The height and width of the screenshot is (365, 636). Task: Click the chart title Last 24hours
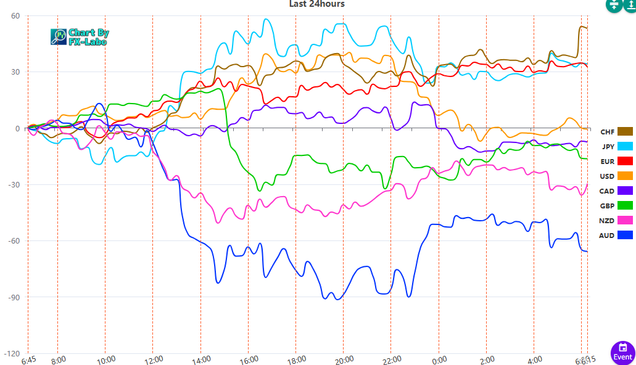click(316, 4)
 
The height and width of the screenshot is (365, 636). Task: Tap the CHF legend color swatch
click(625, 131)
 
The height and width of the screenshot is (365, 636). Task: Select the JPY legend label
click(607, 147)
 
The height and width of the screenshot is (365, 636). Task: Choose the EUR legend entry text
click(607, 162)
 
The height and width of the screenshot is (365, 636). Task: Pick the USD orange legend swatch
click(625, 176)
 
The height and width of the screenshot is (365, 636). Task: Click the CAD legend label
click(607, 191)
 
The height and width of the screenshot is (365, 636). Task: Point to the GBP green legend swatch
click(625, 205)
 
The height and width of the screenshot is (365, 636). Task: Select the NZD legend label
click(607, 220)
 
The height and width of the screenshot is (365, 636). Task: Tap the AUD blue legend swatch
click(625, 235)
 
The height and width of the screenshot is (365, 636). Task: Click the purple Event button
click(622, 353)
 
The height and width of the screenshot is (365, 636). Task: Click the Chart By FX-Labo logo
click(79, 37)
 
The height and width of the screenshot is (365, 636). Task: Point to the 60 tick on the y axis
click(15, 15)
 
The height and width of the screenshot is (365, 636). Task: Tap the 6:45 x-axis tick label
click(29, 359)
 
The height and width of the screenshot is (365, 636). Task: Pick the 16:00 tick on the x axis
click(249, 359)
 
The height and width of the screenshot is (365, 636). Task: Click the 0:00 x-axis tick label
click(439, 359)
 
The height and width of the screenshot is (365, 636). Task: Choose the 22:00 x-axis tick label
click(392, 359)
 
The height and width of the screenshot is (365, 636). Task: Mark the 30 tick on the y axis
click(15, 72)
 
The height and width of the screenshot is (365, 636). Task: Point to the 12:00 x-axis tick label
click(153, 359)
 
